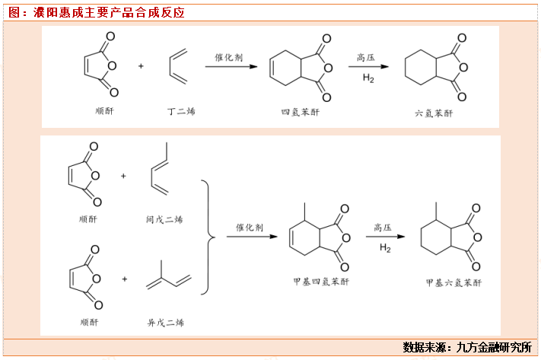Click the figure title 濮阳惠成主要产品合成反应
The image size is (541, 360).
[x=106, y=13]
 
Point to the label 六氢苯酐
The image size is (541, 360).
[x=434, y=113]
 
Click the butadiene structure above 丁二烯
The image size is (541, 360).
[x=177, y=67]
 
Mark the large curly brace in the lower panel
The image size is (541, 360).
[x=206, y=237]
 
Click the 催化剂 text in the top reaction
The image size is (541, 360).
[x=228, y=57]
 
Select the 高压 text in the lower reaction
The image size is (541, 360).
[x=387, y=227]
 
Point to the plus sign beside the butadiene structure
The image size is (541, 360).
[x=141, y=66]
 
